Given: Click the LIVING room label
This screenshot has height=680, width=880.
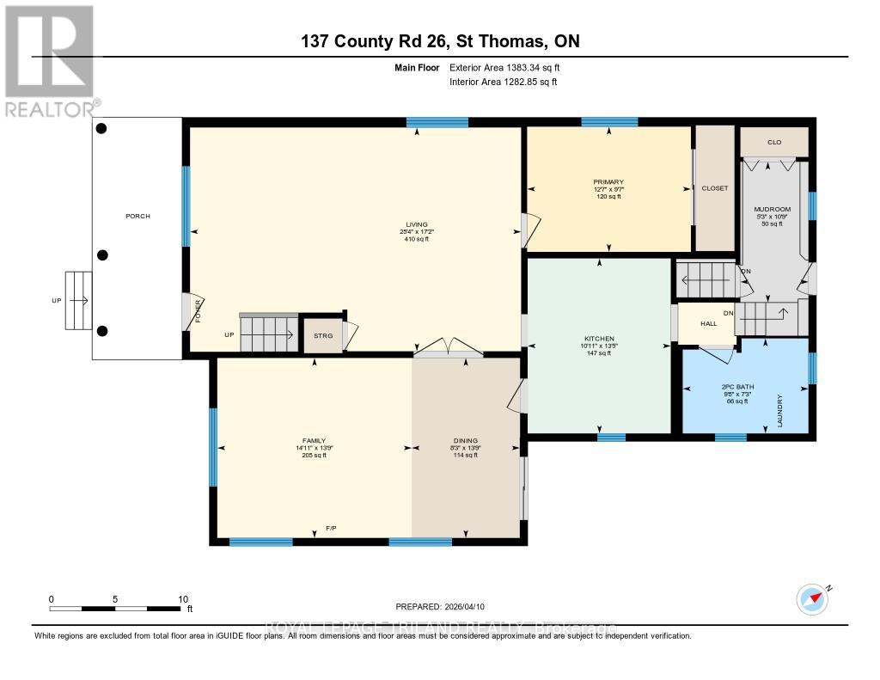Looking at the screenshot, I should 417,224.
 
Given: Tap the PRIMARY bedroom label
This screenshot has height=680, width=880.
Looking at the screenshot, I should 608,182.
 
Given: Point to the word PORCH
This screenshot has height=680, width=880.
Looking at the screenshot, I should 137,216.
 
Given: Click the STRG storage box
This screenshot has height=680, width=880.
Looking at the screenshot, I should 322,336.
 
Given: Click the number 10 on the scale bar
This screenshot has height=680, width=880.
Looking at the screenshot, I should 182,599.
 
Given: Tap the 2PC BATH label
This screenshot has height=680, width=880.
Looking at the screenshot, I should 737,387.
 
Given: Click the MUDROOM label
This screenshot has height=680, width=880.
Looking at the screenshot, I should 772,209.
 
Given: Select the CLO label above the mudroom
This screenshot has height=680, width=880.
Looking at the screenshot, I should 774,142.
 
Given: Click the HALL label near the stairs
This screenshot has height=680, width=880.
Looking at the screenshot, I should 708,323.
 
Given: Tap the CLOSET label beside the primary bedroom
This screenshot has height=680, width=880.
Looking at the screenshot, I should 714,187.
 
